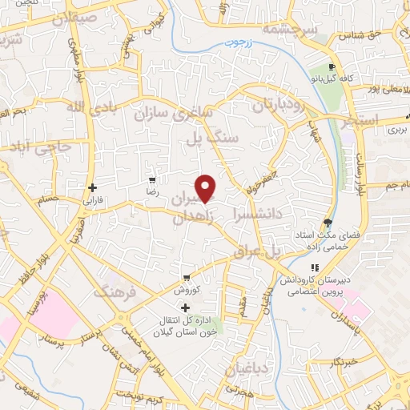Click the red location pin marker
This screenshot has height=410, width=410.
[x=207, y=188]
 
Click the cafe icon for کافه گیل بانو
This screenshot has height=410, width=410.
[x=332, y=66]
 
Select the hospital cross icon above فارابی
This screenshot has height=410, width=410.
[x=93, y=188]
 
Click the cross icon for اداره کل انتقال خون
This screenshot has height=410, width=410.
[x=186, y=307]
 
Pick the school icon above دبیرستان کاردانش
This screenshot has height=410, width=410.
[x=316, y=267]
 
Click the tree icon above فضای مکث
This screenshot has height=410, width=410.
[x=328, y=223]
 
